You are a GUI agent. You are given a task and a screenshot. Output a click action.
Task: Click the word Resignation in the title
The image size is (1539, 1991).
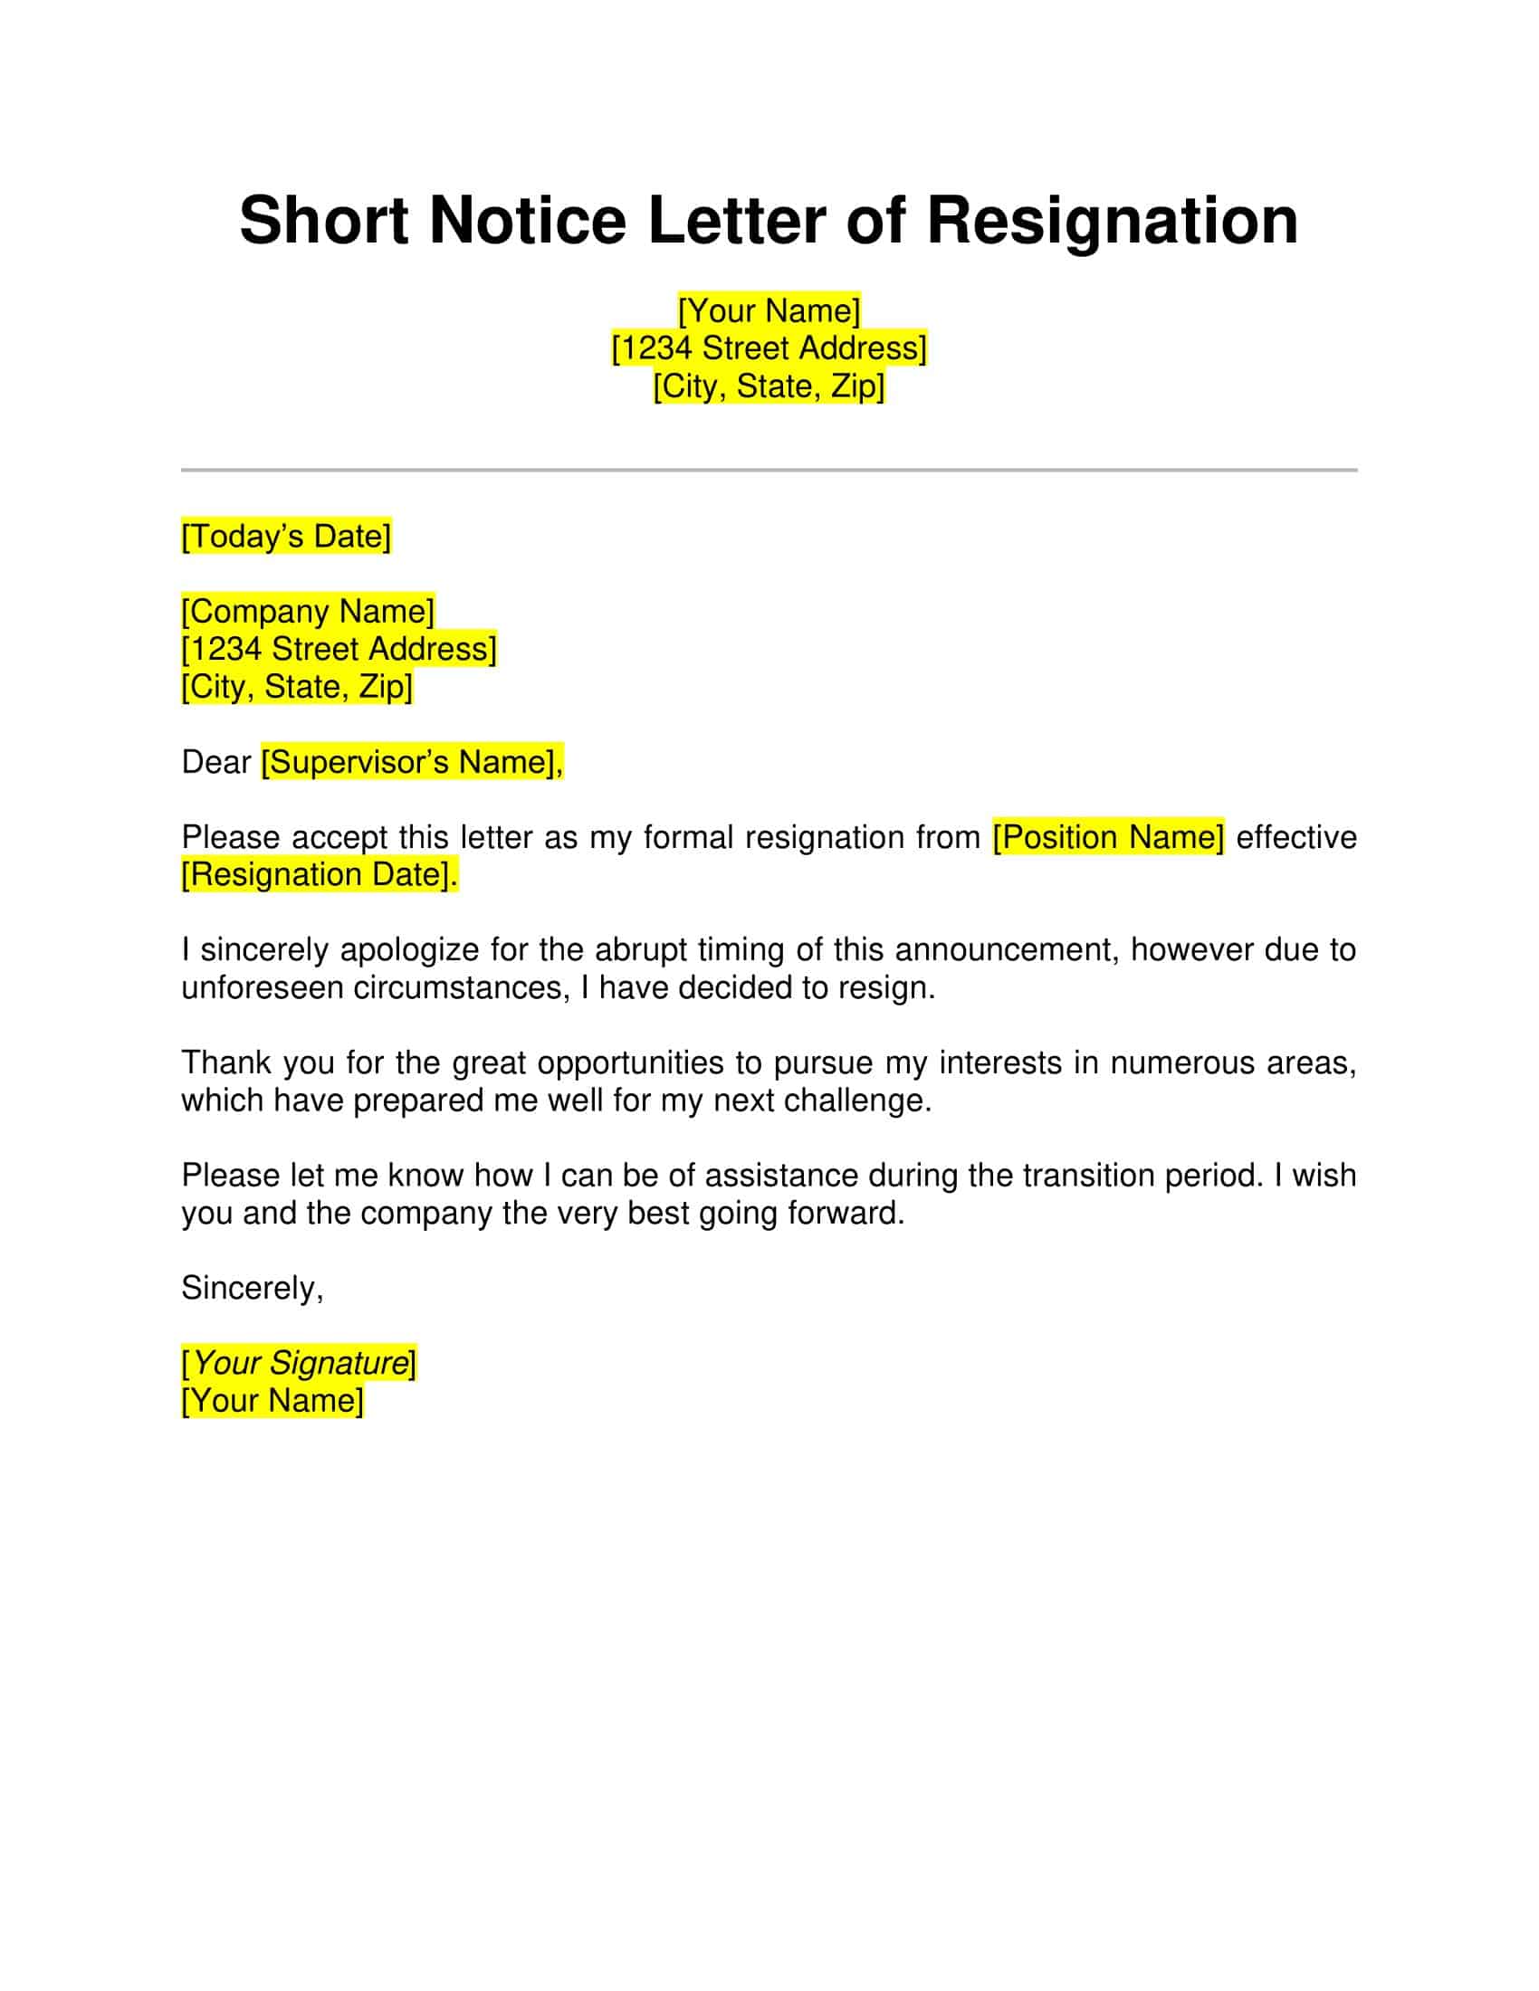(x=1112, y=222)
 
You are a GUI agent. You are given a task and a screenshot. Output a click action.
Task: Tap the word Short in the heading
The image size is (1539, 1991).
(x=324, y=222)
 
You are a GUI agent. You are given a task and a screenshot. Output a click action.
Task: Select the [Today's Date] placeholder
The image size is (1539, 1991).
(x=286, y=536)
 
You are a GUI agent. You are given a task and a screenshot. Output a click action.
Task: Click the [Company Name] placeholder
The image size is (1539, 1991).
(x=308, y=611)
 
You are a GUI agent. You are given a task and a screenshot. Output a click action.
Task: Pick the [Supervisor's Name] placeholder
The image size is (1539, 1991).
(x=412, y=761)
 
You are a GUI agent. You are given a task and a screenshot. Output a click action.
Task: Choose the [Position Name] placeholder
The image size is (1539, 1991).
(x=1108, y=837)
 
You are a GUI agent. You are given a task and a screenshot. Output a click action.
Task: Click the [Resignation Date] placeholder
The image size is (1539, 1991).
(x=319, y=874)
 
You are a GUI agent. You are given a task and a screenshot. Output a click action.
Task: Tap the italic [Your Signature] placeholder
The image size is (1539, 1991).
(x=299, y=1363)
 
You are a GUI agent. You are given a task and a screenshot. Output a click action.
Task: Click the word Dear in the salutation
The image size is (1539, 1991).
(x=216, y=761)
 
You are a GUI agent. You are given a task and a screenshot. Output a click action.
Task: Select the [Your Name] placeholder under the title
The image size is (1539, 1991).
(x=769, y=310)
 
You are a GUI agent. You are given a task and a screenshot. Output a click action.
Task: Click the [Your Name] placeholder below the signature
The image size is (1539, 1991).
(x=272, y=1400)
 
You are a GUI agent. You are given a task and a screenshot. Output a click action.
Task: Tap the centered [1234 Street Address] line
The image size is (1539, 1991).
(x=769, y=348)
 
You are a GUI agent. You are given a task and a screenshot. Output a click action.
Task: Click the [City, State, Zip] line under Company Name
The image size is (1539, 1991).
(x=297, y=687)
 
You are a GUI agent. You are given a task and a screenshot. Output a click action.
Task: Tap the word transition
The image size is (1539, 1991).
(x=1087, y=1175)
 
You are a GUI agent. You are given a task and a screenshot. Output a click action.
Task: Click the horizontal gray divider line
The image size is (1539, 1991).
(x=769, y=471)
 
